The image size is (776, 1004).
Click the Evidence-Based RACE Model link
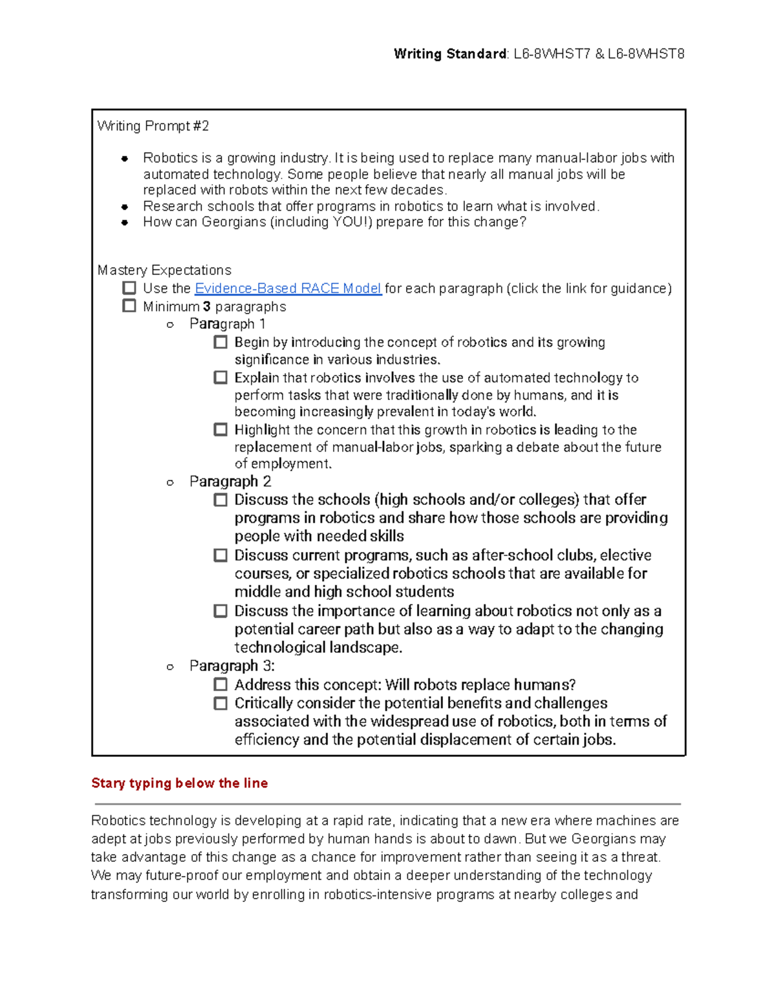pyautogui.click(x=288, y=288)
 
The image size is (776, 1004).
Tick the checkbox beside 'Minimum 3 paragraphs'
pyautogui.click(x=129, y=306)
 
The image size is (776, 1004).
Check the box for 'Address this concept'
pyautogui.click(x=221, y=684)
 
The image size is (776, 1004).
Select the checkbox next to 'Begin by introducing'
pyautogui.click(x=221, y=342)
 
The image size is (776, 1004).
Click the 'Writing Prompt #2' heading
pyautogui.click(x=153, y=126)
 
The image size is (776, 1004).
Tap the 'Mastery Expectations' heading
pyautogui.click(x=164, y=270)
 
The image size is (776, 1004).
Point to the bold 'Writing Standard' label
pyautogui.click(x=450, y=54)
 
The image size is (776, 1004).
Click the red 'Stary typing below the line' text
pyautogui.click(x=179, y=783)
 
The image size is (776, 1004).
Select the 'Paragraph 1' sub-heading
pyautogui.click(x=227, y=324)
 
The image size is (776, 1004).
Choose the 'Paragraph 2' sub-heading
pyautogui.click(x=230, y=482)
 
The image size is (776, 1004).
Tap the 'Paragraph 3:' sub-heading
pyautogui.click(x=232, y=666)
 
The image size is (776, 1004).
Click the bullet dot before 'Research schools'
pyautogui.click(x=125, y=207)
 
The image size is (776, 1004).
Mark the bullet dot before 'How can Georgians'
pyautogui.click(x=125, y=222)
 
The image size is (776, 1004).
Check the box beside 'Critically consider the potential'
pyautogui.click(x=221, y=703)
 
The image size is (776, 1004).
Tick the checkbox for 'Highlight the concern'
pyautogui.click(x=221, y=429)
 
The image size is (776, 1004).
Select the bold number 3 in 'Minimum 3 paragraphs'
pyautogui.click(x=206, y=306)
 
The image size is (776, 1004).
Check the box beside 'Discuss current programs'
pyautogui.click(x=221, y=555)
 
